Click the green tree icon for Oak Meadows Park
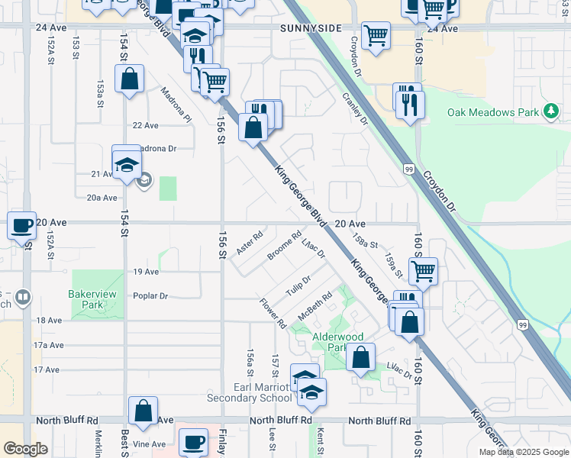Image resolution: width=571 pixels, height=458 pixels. tap(550, 112)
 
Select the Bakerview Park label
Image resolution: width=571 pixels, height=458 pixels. tap(96, 299)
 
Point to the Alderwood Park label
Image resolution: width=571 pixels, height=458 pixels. tap(333, 342)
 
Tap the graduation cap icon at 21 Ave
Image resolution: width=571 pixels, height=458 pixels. tap(127, 163)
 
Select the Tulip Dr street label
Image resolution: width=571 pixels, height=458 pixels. tap(298, 288)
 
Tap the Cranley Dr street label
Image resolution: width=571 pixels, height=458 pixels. tap(355, 109)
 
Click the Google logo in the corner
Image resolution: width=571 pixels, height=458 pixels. tap(25, 449)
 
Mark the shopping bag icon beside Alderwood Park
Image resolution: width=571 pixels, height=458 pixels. tap(360, 356)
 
